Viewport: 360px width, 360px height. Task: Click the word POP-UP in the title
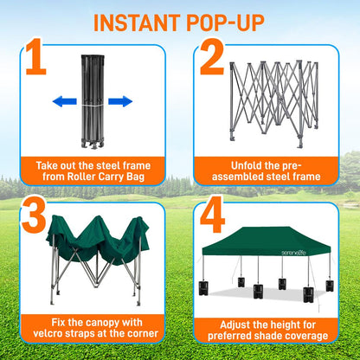pyautogui.click(x=230, y=21)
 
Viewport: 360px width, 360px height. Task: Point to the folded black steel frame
pyautogui.click(x=92, y=100)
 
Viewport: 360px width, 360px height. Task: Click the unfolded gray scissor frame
pyautogui.click(x=277, y=100)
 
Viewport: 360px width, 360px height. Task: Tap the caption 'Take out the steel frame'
pyautogui.click(x=92, y=164)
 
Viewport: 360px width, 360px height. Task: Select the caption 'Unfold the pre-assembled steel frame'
pyautogui.click(x=270, y=170)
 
